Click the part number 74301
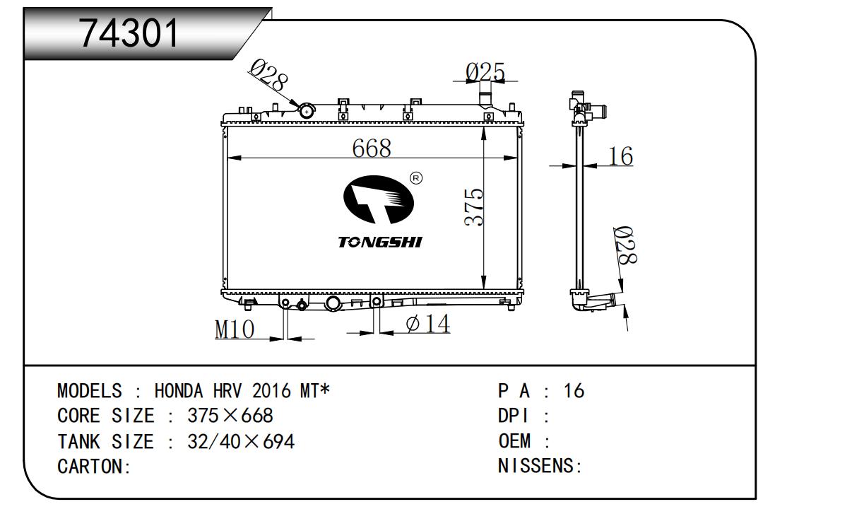click(129, 33)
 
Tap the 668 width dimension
click(372, 148)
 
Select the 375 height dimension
click(473, 207)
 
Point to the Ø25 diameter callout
click(485, 72)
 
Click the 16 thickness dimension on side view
click(620, 156)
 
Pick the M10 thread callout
click(235, 329)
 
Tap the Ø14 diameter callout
click(428, 323)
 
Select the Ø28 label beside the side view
click(625, 245)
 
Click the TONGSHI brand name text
click(380, 242)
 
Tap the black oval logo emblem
click(379, 199)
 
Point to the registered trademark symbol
click(416, 178)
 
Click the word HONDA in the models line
click(179, 391)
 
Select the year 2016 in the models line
click(271, 391)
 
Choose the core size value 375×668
click(230, 416)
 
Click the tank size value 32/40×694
click(241, 441)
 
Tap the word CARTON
click(90, 467)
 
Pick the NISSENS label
click(535, 466)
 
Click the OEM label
click(514, 441)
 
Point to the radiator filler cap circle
click(307, 112)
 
